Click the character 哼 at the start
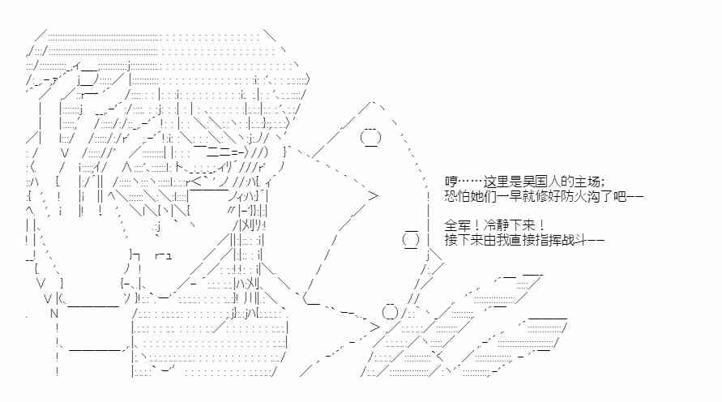tap(451, 182)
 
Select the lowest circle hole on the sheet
tap(390, 312)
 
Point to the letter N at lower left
tap(54, 314)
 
